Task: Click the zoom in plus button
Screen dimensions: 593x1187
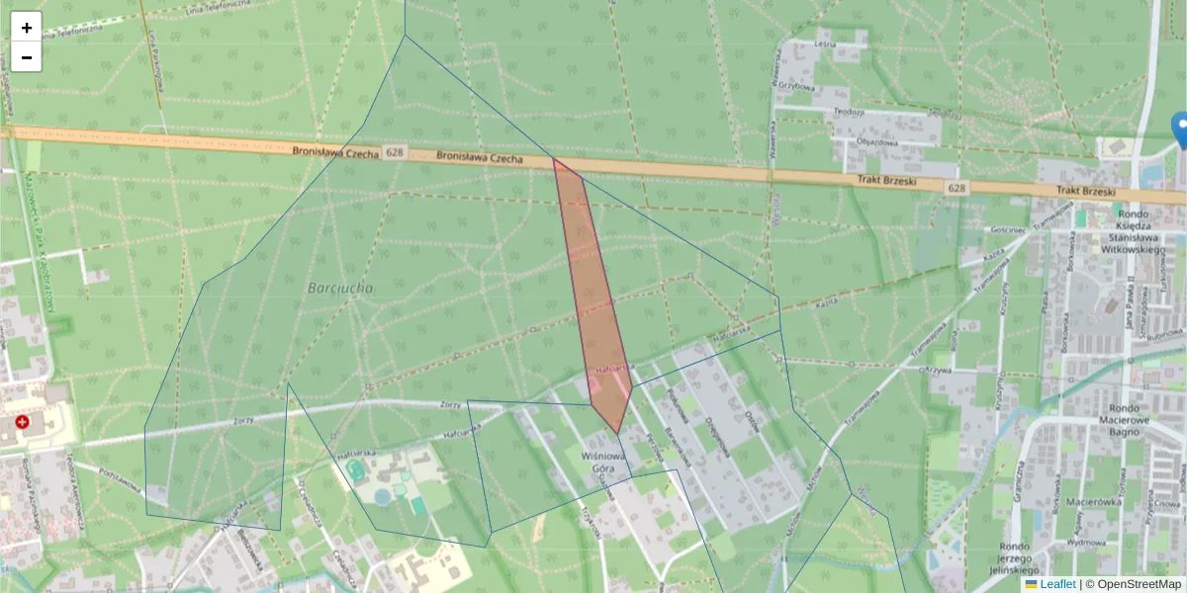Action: (27, 28)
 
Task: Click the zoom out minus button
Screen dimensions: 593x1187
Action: (27, 57)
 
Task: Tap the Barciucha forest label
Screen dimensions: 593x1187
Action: (340, 288)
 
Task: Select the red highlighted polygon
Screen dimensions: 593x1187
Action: (596, 296)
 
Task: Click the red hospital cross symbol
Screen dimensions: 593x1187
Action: (22, 422)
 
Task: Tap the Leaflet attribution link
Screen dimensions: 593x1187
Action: (1056, 584)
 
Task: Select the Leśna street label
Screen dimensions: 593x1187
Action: (824, 44)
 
